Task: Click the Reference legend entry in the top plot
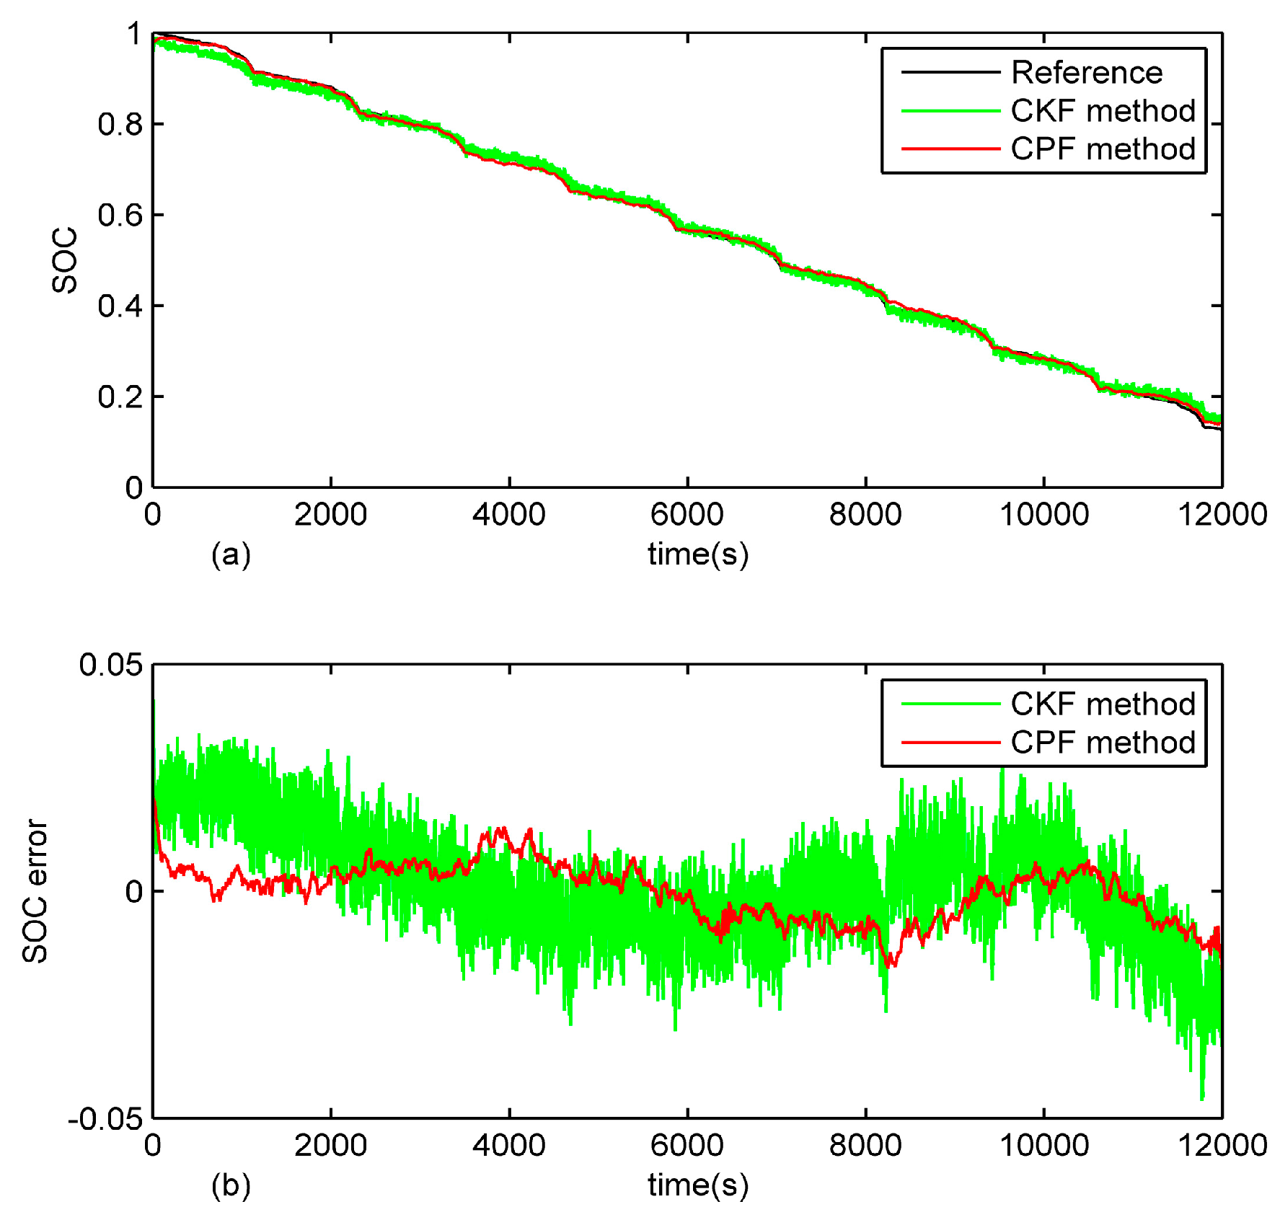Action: click(x=1086, y=73)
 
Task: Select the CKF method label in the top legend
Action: click(x=1103, y=111)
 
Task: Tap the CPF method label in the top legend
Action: click(x=1103, y=149)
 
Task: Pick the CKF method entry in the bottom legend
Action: click(x=1103, y=704)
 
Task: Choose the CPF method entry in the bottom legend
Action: click(x=1103, y=743)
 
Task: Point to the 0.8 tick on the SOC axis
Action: click(x=120, y=125)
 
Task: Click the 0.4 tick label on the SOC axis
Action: click(x=120, y=306)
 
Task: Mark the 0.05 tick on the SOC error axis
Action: click(x=111, y=665)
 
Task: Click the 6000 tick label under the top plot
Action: click(x=687, y=515)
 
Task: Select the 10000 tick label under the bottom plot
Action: click(x=1043, y=1146)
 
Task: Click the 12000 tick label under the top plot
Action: click(x=1222, y=515)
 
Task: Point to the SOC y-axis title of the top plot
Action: click(x=65, y=260)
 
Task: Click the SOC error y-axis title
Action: click(x=35, y=891)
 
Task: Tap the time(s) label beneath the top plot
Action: click(x=697, y=554)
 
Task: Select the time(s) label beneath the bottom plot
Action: click(x=697, y=1185)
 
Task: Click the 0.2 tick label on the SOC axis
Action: click(x=120, y=397)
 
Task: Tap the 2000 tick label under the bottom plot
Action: click(x=330, y=1146)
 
